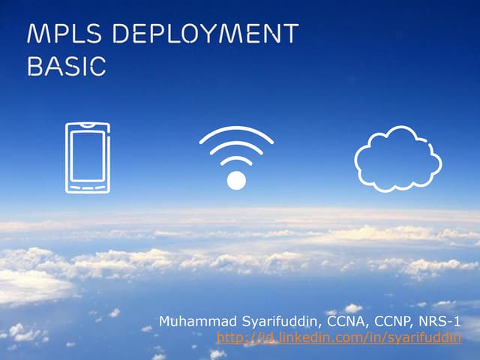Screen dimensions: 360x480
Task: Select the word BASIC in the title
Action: coord(66,66)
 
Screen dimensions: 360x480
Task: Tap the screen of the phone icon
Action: coord(87,156)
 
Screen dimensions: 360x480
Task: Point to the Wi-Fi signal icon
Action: coord(236,157)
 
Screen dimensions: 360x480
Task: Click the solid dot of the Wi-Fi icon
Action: coord(236,180)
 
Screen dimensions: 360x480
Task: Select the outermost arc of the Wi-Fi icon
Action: coord(236,130)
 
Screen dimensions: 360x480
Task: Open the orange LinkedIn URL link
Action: coord(338,337)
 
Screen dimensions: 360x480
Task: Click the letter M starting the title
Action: coord(36,35)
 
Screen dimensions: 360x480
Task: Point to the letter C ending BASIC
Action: coord(97,66)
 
